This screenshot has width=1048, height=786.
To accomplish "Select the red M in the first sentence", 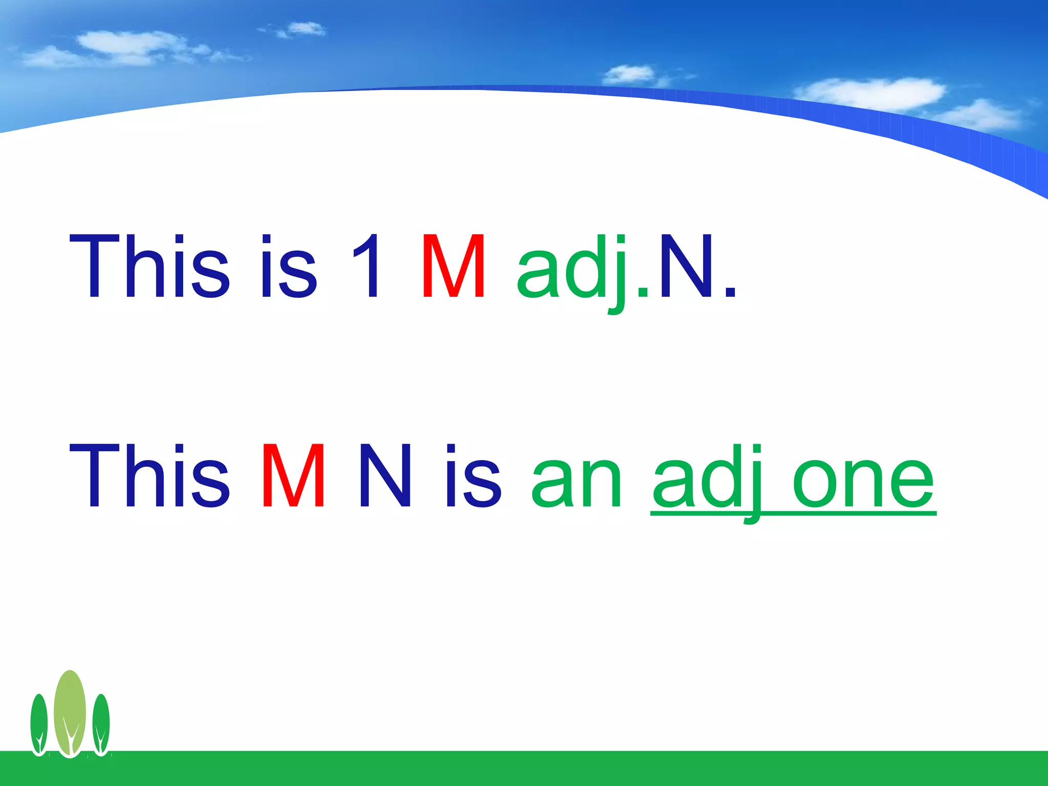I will tap(453, 266).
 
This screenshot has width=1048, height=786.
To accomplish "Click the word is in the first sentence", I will tap(289, 266).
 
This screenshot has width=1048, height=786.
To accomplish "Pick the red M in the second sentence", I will tap(293, 477).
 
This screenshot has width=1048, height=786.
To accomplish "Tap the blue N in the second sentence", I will tap(385, 477).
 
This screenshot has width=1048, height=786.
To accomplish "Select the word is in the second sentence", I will tap(473, 477).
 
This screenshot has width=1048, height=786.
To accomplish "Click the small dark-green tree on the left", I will tap(39, 724).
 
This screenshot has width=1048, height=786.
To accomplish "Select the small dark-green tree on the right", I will tap(101, 724).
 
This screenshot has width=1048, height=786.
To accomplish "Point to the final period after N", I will tap(731, 293).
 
